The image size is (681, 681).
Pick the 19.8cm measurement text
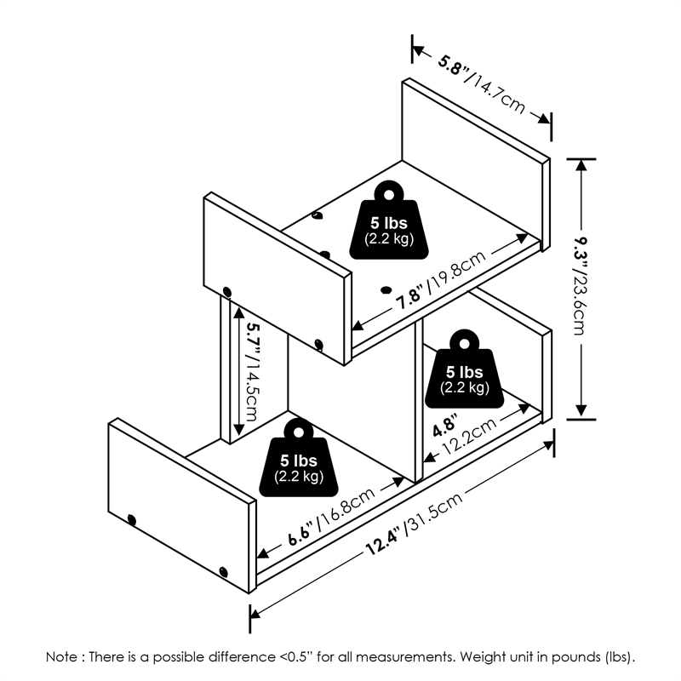click(x=457, y=272)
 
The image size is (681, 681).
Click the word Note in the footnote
click(x=61, y=658)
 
